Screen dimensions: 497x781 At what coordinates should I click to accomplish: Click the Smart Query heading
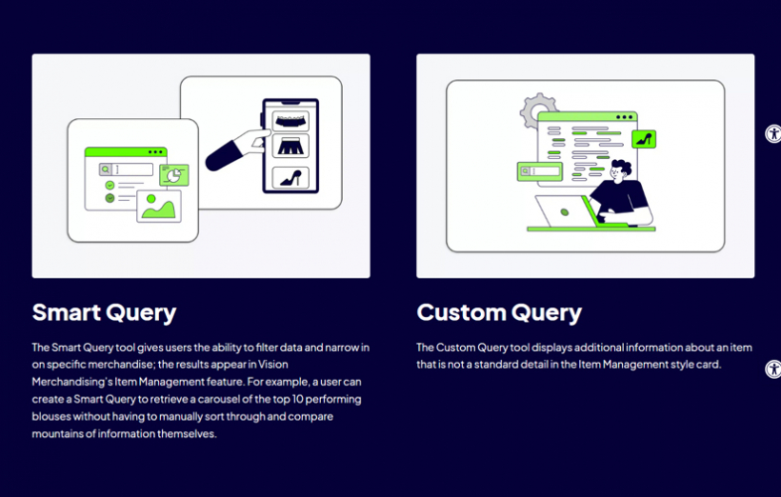click(103, 312)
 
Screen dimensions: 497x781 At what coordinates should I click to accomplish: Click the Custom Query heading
click(499, 312)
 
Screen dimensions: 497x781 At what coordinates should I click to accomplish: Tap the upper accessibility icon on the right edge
click(773, 134)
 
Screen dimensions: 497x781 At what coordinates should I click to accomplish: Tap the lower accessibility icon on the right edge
click(773, 369)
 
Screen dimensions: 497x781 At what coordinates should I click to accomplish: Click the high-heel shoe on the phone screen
click(289, 179)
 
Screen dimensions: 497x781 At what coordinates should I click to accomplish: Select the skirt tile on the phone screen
click(289, 148)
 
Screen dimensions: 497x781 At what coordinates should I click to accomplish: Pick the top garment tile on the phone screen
click(289, 119)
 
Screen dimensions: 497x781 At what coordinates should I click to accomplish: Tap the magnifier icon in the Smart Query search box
click(105, 170)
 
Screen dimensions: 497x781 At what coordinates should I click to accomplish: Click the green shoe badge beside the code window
click(643, 139)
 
